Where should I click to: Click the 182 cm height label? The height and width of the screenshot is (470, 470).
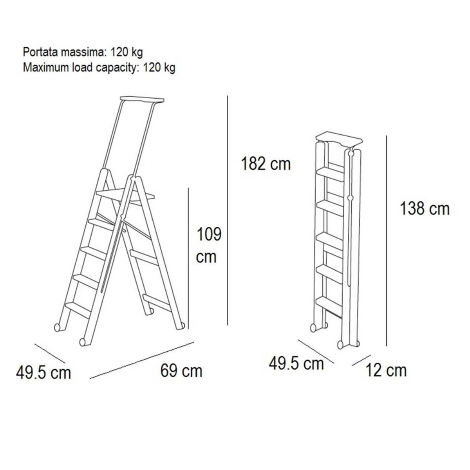pyautogui.click(x=266, y=164)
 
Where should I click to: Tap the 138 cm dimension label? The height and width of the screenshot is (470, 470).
pyautogui.click(x=425, y=209)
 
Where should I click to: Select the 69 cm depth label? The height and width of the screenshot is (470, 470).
pyautogui.click(x=181, y=371)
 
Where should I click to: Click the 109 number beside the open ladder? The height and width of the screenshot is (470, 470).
pyautogui.click(x=209, y=234)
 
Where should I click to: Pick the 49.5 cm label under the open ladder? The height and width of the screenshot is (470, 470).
pyautogui.click(x=43, y=373)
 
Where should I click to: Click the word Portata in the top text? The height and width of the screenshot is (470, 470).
pyautogui.click(x=40, y=52)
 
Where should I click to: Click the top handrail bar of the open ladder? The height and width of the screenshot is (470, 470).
pyautogui.click(x=142, y=99)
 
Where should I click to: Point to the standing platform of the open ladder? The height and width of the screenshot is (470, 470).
pyautogui.click(x=125, y=195)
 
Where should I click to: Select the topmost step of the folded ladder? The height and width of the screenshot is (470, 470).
pyautogui.click(x=331, y=174)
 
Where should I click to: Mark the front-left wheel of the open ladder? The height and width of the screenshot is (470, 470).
pyautogui.click(x=83, y=342)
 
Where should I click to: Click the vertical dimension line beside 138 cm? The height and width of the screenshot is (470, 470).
pyautogui.click(x=386, y=241)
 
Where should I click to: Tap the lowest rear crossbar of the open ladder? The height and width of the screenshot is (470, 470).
pyautogui.click(x=157, y=302)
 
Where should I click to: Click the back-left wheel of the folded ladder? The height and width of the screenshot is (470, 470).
pyautogui.click(x=313, y=328)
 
